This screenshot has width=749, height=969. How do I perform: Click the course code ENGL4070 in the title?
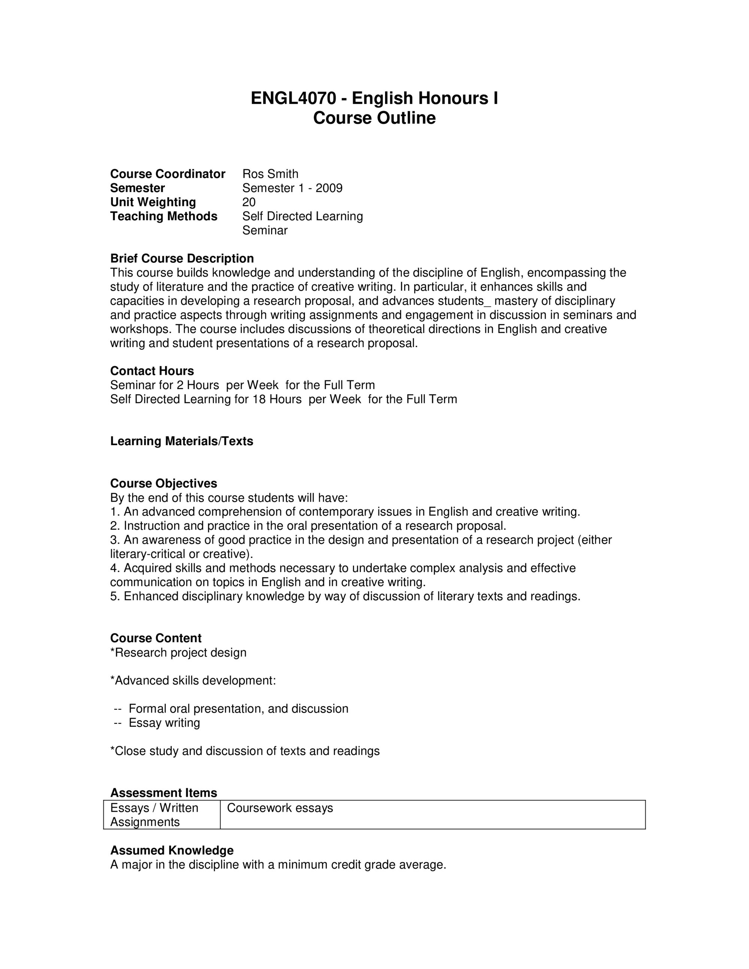pos(293,98)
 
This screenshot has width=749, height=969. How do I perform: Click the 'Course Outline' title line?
pos(374,118)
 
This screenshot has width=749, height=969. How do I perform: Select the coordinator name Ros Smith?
pos(270,174)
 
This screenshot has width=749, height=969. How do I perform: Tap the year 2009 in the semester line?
pos(329,188)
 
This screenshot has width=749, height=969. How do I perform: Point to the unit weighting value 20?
pos(249,202)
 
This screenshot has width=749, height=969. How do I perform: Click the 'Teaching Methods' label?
pos(164,216)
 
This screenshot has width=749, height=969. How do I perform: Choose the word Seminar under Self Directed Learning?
pos(265,231)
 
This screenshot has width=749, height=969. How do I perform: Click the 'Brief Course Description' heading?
pos(182,259)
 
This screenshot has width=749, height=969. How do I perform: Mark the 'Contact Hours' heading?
pos(152,371)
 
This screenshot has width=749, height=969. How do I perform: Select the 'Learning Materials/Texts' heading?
pos(182,441)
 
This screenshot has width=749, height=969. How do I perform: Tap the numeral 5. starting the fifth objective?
pos(115,596)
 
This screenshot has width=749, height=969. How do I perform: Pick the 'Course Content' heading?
pos(155,638)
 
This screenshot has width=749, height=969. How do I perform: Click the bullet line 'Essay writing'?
pos(164,723)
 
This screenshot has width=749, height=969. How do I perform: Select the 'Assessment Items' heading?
pos(163,793)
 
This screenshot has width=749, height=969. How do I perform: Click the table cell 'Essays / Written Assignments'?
pos(154,815)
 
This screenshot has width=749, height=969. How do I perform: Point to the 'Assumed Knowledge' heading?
pos(172,851)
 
